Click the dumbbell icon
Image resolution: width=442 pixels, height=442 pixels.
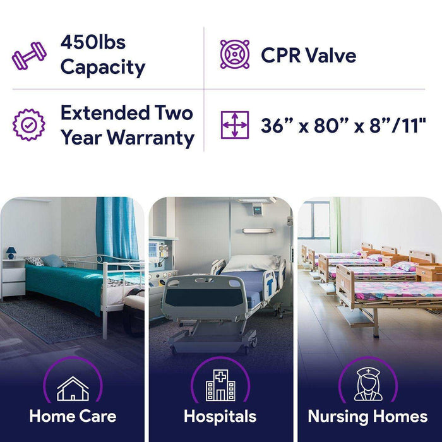[x=29, y=56]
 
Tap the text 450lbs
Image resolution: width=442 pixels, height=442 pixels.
[x=92, y=42]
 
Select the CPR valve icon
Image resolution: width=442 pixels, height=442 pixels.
[x=234, y=54]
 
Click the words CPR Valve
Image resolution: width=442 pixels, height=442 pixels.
[x=308, y=55]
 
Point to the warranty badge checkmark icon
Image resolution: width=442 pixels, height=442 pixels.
[x=29, y=125]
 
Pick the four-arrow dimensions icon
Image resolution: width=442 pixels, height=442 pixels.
[x=234, y=125]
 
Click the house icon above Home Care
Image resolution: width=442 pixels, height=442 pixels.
[x=73, y=389]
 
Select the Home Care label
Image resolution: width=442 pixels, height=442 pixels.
[x=73, y=417]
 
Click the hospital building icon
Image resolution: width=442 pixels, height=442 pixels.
[x=220, y=386]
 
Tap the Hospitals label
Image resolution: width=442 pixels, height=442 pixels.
[x=220, y=417]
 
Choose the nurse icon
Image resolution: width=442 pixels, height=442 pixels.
[x=367, y=385]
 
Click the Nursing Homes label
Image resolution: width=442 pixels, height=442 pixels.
[x=367, y=417]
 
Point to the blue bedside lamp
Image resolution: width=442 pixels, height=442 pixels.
[x=11, y=253]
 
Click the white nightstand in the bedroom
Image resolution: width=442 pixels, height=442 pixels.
[x=13, y=278]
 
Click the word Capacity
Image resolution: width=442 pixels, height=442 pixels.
[x=102, y=67]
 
